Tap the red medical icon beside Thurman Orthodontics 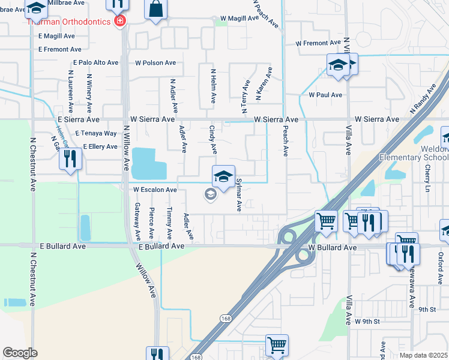[x=120, y=22]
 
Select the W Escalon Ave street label [x=155, y=190]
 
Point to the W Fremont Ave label [x=318, y=43]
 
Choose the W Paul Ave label [x=325, y=95]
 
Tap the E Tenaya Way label [x=95, y=133]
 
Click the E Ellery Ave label [x=100, y=146]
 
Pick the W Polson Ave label [x=155, y=62]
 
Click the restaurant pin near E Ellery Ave [x=71, y=159]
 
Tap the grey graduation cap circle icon [x=210, y=194]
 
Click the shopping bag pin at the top [x=156, y=9]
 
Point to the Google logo [x=20, y=353]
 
